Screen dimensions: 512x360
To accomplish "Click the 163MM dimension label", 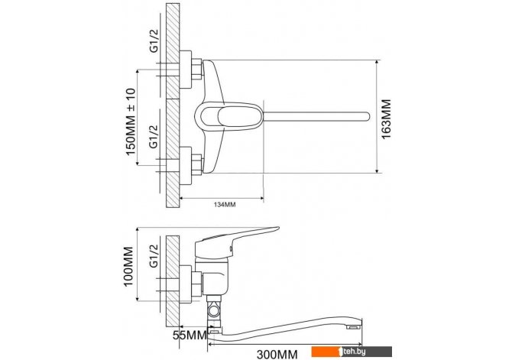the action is point(386,119).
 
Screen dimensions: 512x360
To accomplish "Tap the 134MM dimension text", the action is point(225,205).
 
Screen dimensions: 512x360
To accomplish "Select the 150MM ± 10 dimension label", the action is point(130,122).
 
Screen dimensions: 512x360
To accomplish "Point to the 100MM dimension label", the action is point(128,266).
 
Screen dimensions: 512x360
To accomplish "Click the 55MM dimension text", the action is point(190,335).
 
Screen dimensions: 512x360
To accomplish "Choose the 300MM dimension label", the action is point(277,354).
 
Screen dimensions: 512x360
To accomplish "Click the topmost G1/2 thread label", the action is point(154,41).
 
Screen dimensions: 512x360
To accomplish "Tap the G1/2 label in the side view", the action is point(154,256).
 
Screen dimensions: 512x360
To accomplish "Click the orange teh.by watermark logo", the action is point(352,352).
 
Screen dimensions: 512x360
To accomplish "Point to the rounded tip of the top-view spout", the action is point(368,116).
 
